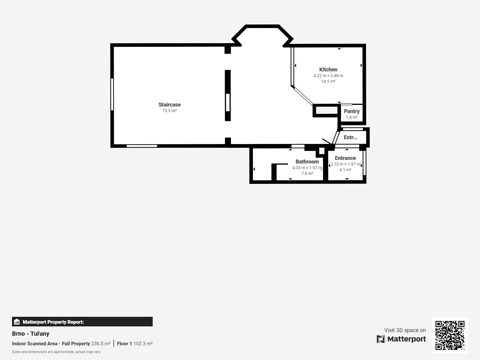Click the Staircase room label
[x=169, y=105]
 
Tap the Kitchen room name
[x=328, y=70]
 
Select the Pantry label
[x=352, y=111]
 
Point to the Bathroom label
[x=307, y=161]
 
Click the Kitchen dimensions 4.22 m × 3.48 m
[x=328, y=76]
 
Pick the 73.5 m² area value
[x=169, y=111]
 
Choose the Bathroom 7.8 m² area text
[x=307, y=173]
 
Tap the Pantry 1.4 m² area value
[x=352, y=117]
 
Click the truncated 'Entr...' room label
[x=350, y=137]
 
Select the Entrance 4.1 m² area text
[x=345, y=170]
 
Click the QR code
[x=450, y=335]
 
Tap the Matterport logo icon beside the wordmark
[x=381, y=339]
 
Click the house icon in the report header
[x=17, y=322]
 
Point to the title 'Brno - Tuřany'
[x=31, y=334]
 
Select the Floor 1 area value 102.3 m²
[x=143, y=343]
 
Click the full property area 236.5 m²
[x=101, y=343]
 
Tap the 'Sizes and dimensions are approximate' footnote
[x=56, y=352]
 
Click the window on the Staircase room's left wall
[x=112, y=94]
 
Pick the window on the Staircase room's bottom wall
[x=142, y=146]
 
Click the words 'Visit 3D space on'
[x=405, y=330]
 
